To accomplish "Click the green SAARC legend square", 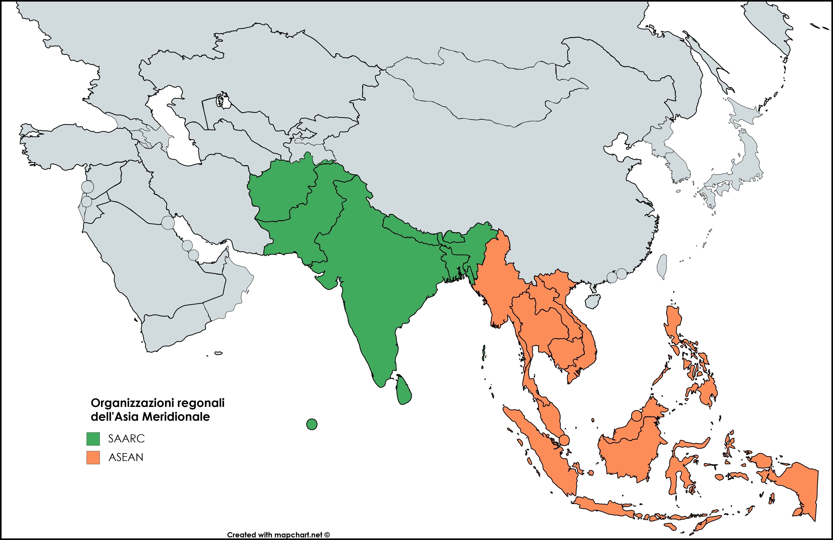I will [93, 439].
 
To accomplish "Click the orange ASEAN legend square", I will [93, 457].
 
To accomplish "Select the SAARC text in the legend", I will [126, 439].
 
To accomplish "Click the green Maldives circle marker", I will [311, 424].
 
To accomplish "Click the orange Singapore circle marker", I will [564, 440].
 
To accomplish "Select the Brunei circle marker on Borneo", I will [637, 416].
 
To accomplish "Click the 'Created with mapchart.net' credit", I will [278, 535].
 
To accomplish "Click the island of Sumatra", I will [542, 452].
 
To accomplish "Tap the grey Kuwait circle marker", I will [168, 222].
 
